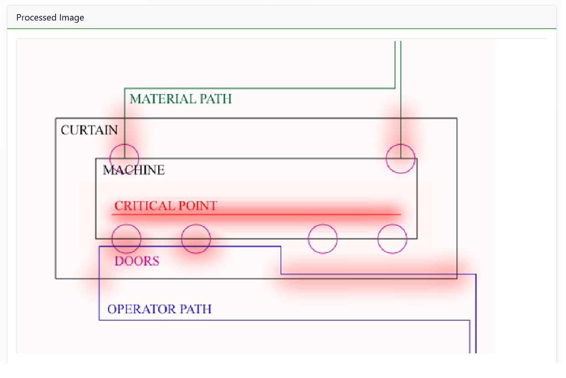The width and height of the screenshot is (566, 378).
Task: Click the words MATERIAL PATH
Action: [x=180, y=99]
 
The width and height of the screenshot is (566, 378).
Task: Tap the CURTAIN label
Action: [x=89, y=130]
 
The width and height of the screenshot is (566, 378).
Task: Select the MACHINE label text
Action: [x=134, y=170]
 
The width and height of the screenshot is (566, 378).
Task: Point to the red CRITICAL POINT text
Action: [x=165, y=206]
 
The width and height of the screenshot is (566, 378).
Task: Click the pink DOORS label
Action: [x=137, y=261]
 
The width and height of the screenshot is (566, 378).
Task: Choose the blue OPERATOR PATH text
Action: [x=160, y=309]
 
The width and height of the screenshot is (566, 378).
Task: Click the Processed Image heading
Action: [x=50, y=18]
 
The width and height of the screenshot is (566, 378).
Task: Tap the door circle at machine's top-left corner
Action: [x=124, y=158]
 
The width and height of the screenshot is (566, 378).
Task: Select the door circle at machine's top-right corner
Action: [x=401, y=158]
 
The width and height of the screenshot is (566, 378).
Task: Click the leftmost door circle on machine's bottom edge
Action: [x=127, y=239]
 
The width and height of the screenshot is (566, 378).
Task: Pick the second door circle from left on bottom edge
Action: [x=196, y=239]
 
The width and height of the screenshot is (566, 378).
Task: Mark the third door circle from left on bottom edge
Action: [x=323, y=239]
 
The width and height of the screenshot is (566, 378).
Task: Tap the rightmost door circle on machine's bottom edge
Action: [x=392, y=239]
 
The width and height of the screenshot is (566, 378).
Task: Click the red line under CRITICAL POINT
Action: [x=273, y=214]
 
